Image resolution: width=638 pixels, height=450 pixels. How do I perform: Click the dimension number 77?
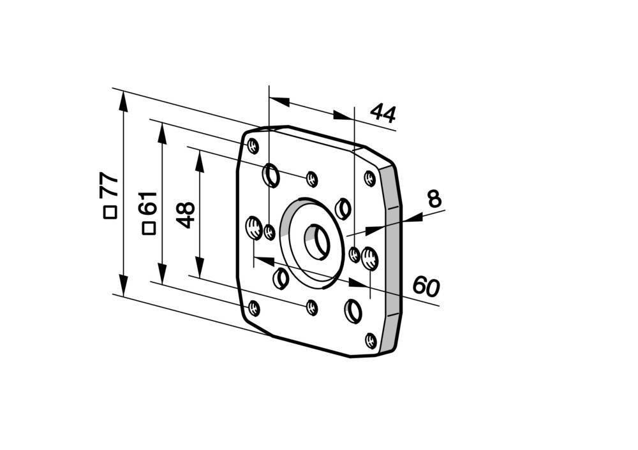[110, 185]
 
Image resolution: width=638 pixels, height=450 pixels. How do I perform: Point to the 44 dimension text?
[383, 113]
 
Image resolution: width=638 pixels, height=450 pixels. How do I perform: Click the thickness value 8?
[434, 199]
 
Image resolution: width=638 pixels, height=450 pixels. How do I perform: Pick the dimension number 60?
[426, 286]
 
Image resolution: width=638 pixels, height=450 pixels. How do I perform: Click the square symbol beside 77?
[110, 213]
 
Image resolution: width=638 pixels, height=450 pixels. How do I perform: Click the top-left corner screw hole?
[253, 146]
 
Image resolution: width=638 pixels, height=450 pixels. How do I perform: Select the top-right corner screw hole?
[370, 178]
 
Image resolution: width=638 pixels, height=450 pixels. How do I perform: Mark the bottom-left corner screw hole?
[254, 308]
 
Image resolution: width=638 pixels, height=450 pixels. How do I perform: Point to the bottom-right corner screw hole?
[371, 340]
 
